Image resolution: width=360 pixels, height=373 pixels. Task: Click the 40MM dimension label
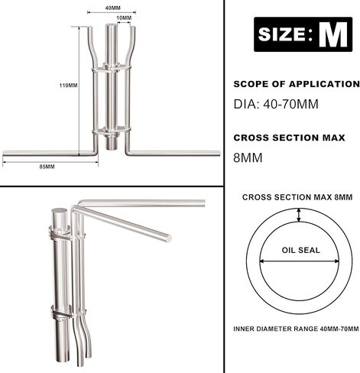coord(112,8)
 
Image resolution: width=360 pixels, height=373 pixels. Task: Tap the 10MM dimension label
coord(124,18)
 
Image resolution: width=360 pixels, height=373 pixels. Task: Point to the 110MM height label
coord(68,86)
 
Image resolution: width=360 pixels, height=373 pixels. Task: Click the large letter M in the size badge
coord(333,34)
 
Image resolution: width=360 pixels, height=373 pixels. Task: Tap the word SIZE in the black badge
coord(281,34)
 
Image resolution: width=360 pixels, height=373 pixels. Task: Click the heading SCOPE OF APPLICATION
coord(297,84)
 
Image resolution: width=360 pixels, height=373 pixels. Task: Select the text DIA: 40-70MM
coord(276,104)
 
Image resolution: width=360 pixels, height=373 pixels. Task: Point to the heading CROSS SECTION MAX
coord(289,138)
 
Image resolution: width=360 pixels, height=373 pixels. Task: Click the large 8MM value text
coord(248,158)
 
